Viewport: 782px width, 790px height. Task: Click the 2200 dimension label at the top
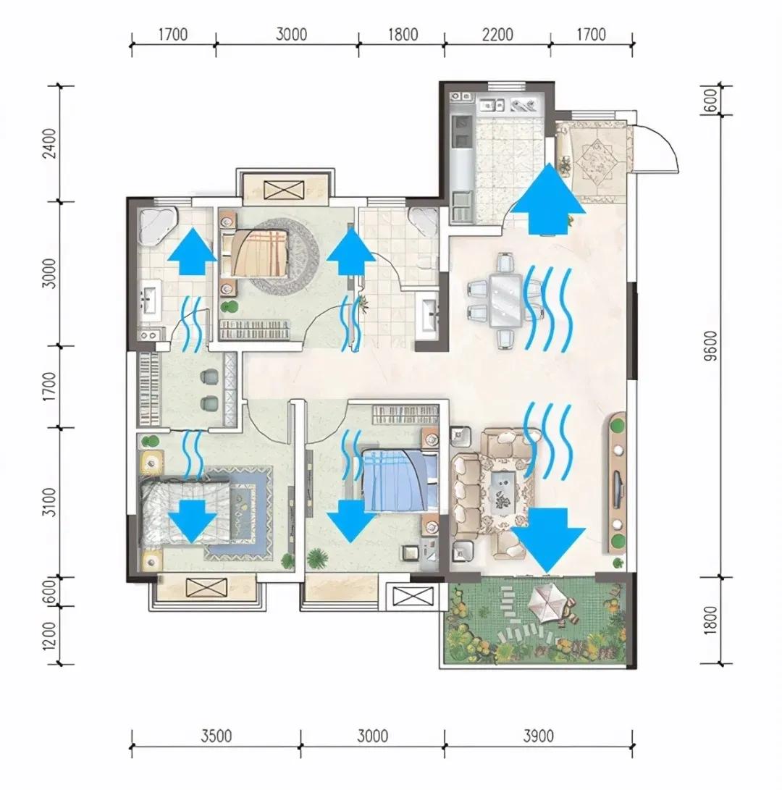[497, 35]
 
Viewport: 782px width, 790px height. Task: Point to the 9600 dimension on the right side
[710, 346]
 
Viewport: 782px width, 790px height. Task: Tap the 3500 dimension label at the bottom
[216, 736]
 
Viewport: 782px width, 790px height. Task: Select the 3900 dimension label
[539, 736]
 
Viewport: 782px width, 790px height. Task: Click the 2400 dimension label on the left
[49, 143]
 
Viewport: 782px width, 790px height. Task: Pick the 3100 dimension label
[49, 502]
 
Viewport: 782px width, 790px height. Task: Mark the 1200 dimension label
[49, 636]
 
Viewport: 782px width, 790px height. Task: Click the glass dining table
[506, 301]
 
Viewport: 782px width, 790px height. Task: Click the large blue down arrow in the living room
[548, 541]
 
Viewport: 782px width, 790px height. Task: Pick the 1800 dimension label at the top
[403, 35]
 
